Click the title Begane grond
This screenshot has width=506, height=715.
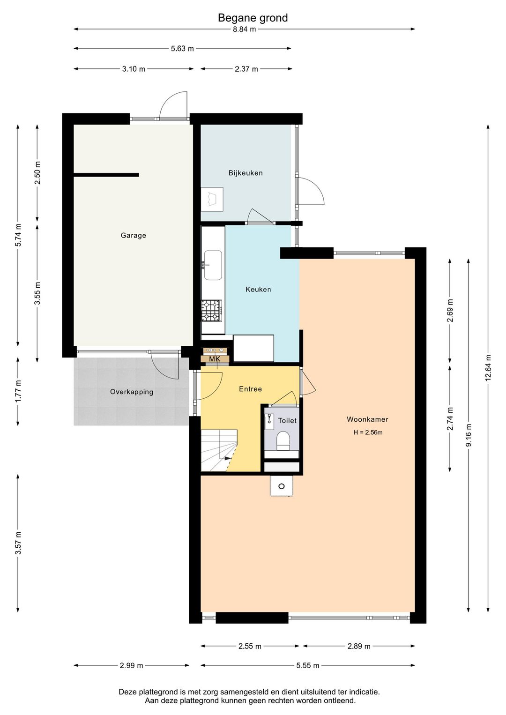253,18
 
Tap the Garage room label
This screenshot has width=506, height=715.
134,235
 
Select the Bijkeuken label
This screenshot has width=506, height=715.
246,173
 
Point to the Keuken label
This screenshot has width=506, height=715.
258,289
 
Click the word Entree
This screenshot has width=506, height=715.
251,389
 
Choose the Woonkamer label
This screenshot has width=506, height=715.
367,419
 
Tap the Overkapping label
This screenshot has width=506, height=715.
132,392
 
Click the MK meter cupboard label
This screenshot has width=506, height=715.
215,359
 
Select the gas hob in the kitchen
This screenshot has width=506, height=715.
212,310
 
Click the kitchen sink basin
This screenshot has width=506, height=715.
213,265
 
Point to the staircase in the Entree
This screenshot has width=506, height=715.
219,450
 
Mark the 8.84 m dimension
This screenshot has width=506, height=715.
244,30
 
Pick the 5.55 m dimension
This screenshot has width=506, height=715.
307,665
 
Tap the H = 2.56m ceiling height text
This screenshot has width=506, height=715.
368,432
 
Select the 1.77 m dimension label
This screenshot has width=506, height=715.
18,392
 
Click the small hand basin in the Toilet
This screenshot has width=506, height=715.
269,421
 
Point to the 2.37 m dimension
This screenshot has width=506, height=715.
246,69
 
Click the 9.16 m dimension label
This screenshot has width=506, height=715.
469,435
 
